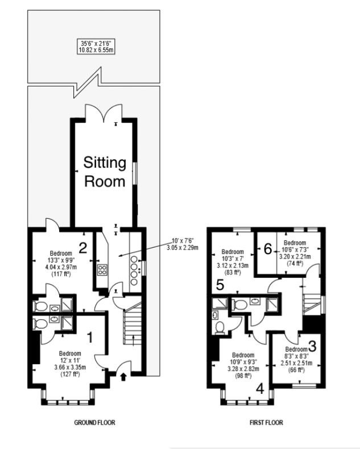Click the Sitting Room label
[x=105, y=172]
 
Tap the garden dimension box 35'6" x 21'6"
[x=96, y=47]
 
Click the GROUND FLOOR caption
[x=94, y=422]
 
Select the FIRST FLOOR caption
[x=266, y=422]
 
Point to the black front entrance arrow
[x=123, y=377]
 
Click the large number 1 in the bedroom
[x=90, y=338]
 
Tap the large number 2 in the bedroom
[x=83, y=248]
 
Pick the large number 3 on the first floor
[x=312, y=346]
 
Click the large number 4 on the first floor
[x=260, y=389]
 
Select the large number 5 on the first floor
[x=220, y=285]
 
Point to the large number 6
[x=268, y=249]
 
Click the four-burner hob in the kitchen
[x=102, y=270]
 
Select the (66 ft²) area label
[x=297, y=369]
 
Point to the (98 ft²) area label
[x=243, y=376]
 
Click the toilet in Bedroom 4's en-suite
[x=220, y=328]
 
